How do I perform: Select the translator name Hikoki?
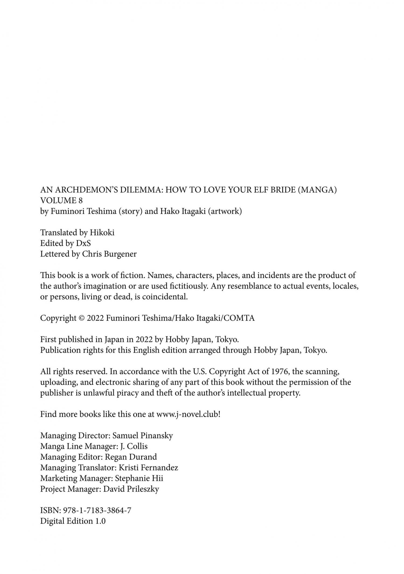[x=102, y=232]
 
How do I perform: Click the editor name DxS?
[x=83, y=243]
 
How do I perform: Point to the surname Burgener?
[x=120, y=254]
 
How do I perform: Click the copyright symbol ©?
[x=82, y=318]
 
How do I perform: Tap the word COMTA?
[x=239, y=318]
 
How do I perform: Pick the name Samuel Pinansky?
[x=142, y=436]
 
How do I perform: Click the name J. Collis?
[x=134, y=446]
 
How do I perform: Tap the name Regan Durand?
[x=131, y=457]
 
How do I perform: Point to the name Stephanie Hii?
[x=139, y=478]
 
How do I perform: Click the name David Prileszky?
[x=131, y=489]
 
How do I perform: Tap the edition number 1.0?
[x=100, y=521]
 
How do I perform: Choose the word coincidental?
[x=165, y=297]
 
